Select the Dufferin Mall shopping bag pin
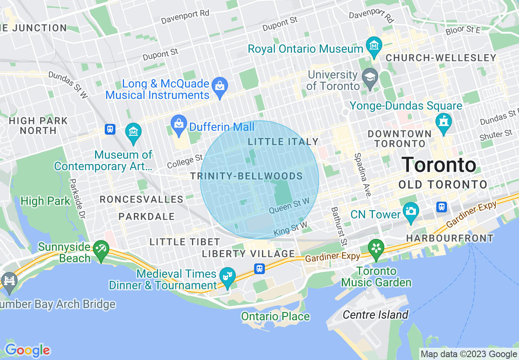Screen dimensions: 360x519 [179, 124]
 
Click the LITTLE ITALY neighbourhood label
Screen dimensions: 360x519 [283, 142]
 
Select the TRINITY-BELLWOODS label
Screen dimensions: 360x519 [246, 176]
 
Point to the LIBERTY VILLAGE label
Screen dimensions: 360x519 [248, 254]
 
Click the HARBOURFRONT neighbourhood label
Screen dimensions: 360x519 [449, 238]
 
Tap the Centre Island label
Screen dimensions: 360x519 [375, 315]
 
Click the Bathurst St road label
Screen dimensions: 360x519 [338, 227]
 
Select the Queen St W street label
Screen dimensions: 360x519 [289, 205]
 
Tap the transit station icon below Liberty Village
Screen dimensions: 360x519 [259, 269]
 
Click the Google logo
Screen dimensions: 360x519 [27, 350]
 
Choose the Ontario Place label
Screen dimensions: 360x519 [275, 317]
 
